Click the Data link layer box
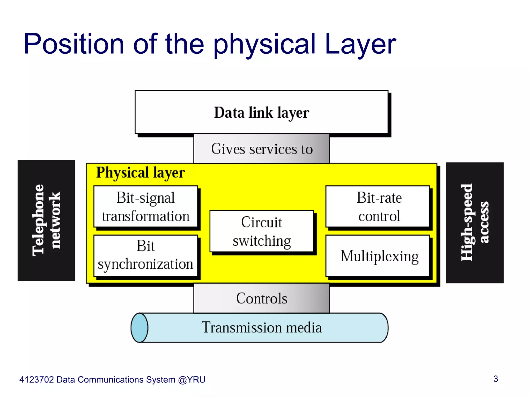pyautogui.click(x=261, y=112)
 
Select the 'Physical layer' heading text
pyautogui.click(x=141, y=173)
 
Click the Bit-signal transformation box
pyautogui.click(x=145, y=207)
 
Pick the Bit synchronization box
pyautogui.click(x=145, y=255)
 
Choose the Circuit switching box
pyautogui.click(x=261, y=231)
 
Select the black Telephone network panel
pyautogui.click(x=46, y=220)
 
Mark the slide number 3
pyautogui.click(x=496, y=379)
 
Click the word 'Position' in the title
pyautogui.click(x=74, y=44)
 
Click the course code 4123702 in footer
pyautogui.click(x=36, y=380)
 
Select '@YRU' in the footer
pyautogui.click(x=192, y=380)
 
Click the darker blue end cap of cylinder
pyautogui.click(x=139, y=328)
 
